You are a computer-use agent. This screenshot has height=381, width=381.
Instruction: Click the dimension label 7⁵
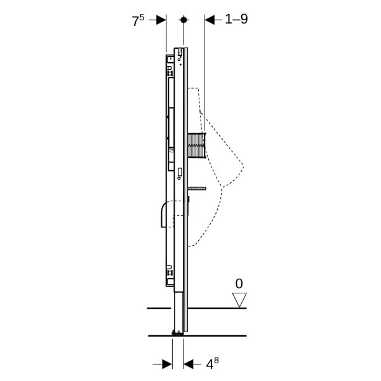coord(138,20)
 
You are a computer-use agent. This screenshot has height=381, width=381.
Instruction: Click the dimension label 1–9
coord(236,19)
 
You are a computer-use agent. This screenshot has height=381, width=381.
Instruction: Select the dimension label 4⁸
coord(212,363)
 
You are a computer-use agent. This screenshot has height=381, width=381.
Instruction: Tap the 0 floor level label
coord(239,284)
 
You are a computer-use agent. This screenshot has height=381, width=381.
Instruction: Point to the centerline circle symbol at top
coord(184,20)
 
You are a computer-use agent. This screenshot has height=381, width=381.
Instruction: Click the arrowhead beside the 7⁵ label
coord(161,20)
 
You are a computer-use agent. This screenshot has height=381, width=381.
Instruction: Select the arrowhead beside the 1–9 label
coord(210,20)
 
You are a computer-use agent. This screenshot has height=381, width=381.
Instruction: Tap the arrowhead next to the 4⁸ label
coord(189,364)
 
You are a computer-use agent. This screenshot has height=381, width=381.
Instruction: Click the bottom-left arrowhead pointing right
coord(167,364)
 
